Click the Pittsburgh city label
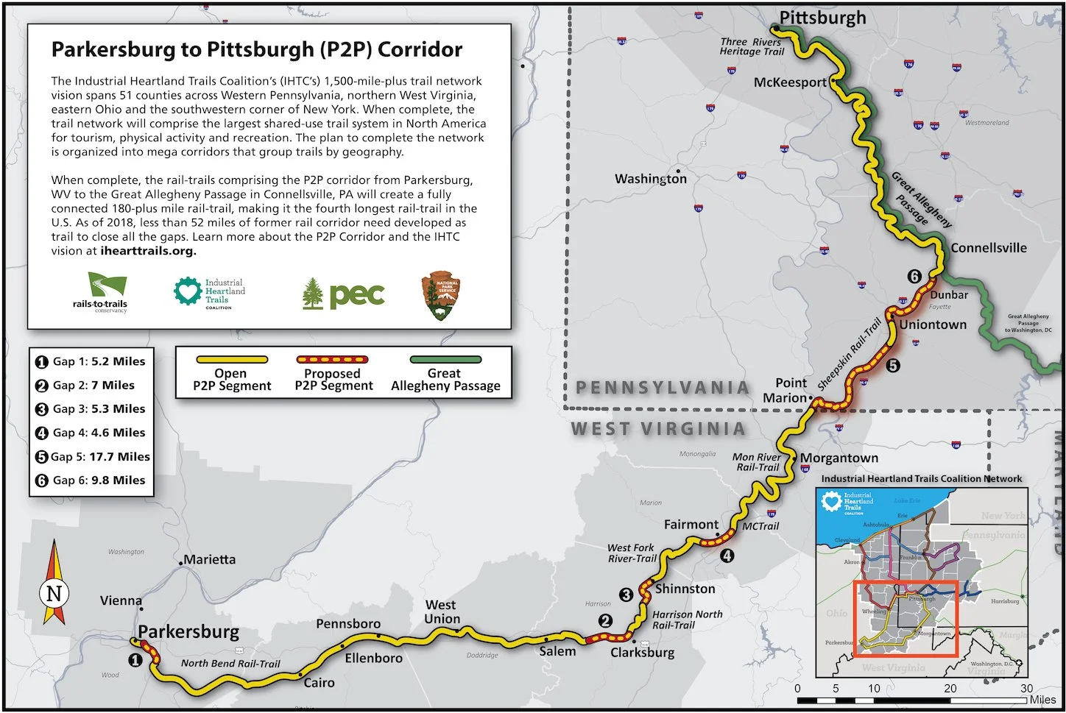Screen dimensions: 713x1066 pos(822,18)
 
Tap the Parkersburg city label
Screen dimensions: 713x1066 pos(188,631)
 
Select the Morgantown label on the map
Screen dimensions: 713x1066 pos(839,458)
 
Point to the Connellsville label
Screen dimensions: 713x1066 pos(988,248)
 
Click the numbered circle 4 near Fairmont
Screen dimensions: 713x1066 pos(727,556)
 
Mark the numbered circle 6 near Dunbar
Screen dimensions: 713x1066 pos(914,277)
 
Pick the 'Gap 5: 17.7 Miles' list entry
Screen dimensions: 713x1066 pos(93,456)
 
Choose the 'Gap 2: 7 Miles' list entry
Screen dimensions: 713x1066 pos(85,385)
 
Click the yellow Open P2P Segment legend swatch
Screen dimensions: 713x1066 pos(231,360)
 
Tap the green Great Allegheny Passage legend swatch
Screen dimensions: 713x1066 pos(445,360)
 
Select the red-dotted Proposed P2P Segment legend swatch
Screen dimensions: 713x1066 pos(333,360)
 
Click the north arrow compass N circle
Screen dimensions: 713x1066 pos(54,593)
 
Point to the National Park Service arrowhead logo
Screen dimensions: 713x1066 pos(441,296)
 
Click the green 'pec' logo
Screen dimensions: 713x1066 pos(344,294)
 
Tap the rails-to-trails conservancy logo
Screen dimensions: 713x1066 pos(102,292)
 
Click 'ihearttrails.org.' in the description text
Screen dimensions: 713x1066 pos(148,251)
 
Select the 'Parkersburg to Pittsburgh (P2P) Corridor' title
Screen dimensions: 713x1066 pos(257,49)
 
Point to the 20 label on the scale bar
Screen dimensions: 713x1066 pos(950,688)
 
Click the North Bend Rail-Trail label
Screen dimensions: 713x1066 pos(230,663)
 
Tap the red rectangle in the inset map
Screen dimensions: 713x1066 pos(906,618)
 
